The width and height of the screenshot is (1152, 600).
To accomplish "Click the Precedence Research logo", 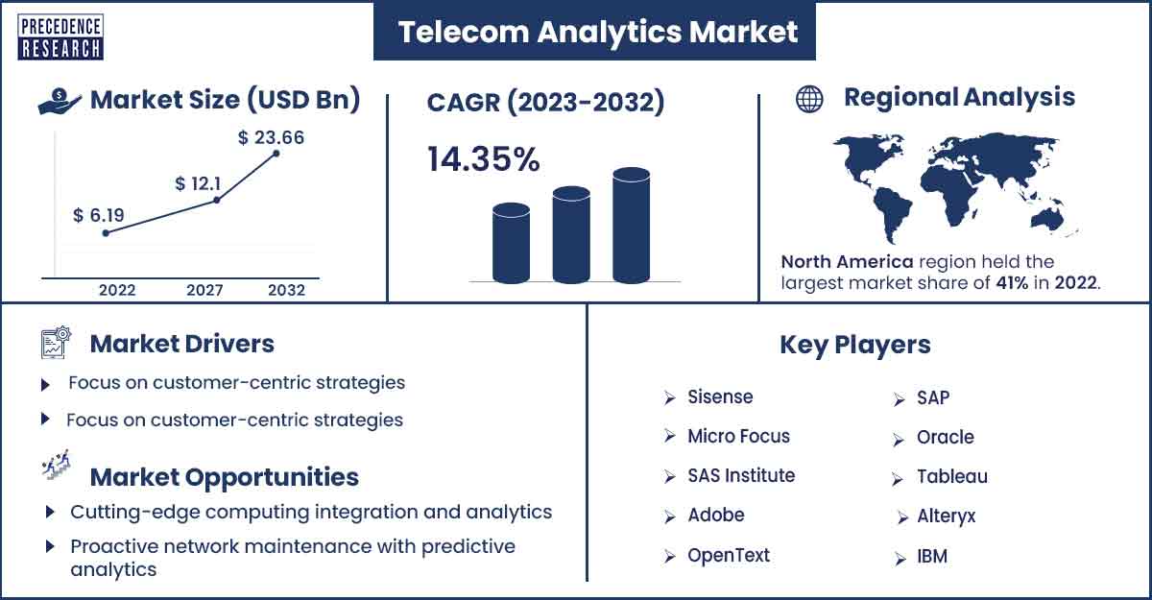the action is pyautogui.click(x=60, y=37).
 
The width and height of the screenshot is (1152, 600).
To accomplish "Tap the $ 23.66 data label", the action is pyautogui.click(x=271, y=138).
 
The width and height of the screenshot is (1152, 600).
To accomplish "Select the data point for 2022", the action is pyautogui.click(x=106, y=233).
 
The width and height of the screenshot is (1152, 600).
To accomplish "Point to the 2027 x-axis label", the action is pyautogui.click(x=204, y=290).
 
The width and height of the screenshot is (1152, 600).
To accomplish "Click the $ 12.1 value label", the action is pyautogui.click(x=198, y=183).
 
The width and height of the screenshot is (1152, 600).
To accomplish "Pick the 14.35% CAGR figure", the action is pyautogui.click(x=484, y=158).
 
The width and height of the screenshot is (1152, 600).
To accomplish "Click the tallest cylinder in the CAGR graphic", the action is pyautogui.click(x=631, y=226).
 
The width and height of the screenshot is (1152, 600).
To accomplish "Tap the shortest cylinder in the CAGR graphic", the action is pyautogui.click(x=511, y=243).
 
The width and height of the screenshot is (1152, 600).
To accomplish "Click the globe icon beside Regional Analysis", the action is pyautogui.click(x=809, y=99).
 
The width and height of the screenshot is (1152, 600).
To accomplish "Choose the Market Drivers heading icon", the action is pyautogui.click(x=56, y=342).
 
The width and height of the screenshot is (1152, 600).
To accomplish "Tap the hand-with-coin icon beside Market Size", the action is pyautogui.click(x=60, y=102).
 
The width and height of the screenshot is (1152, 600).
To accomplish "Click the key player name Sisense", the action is pyautogui.click(x=720, y=396).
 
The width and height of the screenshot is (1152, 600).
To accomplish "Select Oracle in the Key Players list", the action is pyautogui.click(x=946, y=437).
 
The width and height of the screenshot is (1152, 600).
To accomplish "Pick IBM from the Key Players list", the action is pyautogui.click(x=932, y=556).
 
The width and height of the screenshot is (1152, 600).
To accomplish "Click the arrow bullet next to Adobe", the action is pyautogui.click(x=669, y=516).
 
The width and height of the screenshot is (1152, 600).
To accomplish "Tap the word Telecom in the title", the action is pyautogui.click(x=464, y=32).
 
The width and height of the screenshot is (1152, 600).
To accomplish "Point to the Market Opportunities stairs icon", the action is pyautogui.click(x=56, y=465).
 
